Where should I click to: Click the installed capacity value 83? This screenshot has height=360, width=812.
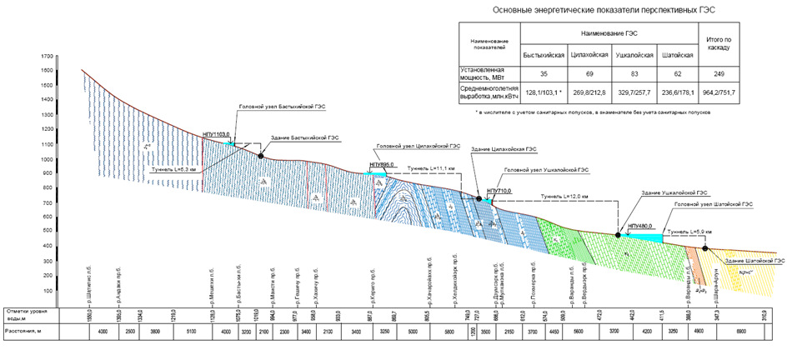(629, 72)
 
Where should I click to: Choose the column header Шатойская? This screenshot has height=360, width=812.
(675, 55)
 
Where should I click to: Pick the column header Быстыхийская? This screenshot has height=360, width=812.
(542, 55)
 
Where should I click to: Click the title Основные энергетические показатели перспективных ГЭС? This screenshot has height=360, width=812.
(604, 10)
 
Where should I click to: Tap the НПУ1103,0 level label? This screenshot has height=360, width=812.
(218, 136)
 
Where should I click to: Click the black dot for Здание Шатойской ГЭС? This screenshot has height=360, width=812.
(705, 247)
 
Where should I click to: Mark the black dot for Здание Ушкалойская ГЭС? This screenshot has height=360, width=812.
(618, 234)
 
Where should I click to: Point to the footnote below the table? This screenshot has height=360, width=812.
(592, 111)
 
